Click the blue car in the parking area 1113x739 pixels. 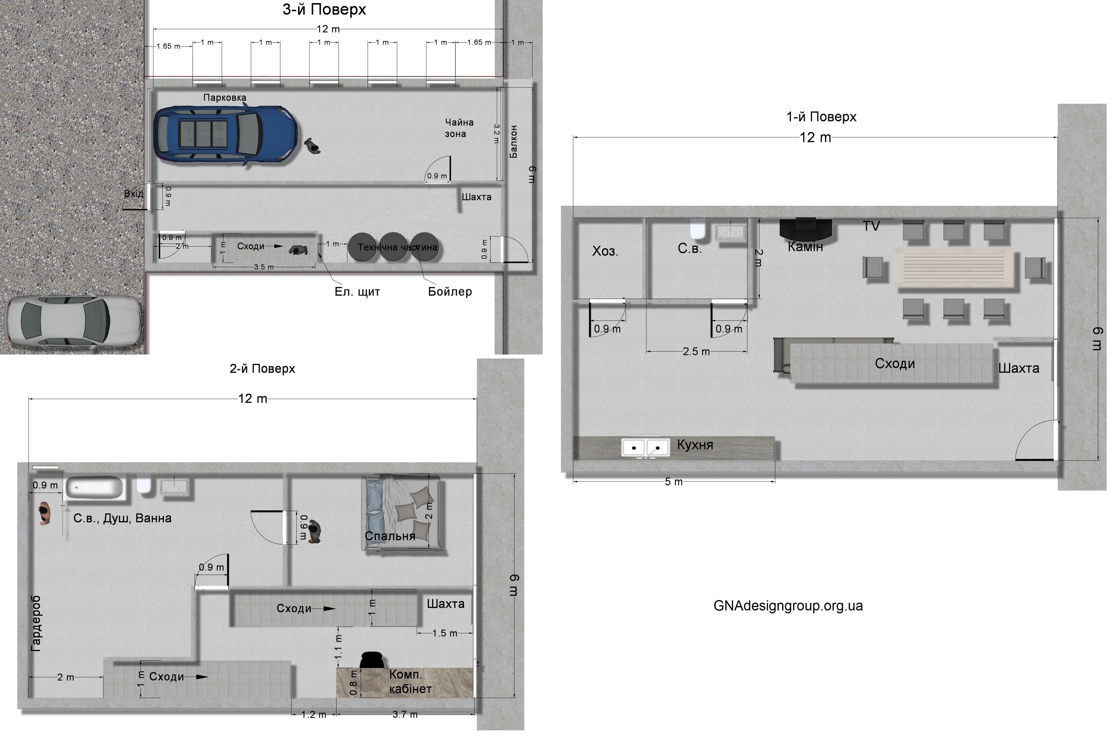225,134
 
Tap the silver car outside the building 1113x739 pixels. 73,321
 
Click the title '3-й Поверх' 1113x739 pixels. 324,10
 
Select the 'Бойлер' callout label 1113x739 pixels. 450,292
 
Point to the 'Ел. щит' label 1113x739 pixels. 357,292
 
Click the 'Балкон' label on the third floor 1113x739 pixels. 513,142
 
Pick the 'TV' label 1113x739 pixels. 871,226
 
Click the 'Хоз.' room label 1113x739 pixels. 605,251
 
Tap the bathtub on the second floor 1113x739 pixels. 95,487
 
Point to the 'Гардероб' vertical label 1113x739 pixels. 36,623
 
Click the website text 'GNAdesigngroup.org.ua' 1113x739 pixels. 788,606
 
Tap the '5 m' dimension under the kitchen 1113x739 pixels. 673,482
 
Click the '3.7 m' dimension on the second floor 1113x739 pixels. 405,715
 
